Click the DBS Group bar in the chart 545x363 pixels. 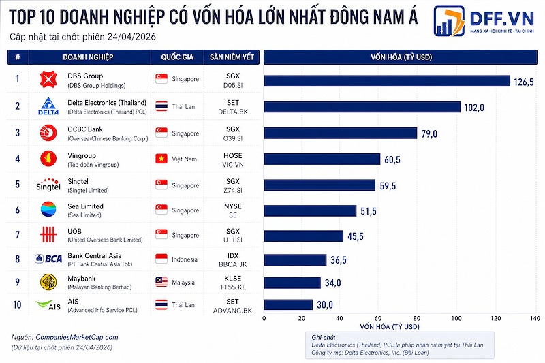coord(386,81)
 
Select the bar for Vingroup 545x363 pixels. coord(322,159)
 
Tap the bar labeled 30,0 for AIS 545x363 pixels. coord(287,304)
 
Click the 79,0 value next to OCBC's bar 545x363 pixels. coord(429,133)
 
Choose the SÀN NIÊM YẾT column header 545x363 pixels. coord(232,57)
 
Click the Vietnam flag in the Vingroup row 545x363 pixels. coord(162,159)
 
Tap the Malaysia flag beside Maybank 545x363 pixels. coord(162,282)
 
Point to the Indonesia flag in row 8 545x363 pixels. coord(162,259)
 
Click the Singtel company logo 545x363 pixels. coord(48,185)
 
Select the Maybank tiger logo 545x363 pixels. coord(48,282)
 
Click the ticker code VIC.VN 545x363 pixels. coord(232,163)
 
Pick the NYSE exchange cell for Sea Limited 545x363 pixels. coord(232,206)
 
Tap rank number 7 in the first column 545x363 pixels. coord(18,235)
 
